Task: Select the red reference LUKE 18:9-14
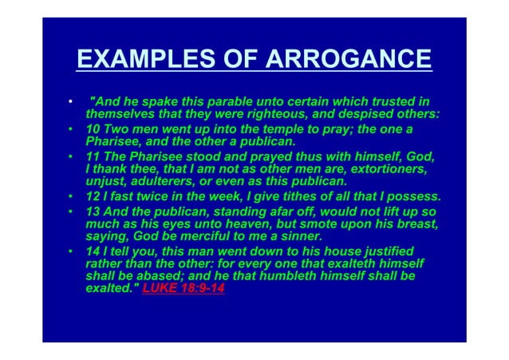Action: pos(183,289)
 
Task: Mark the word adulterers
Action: pos(165,184)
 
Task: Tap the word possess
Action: pos(413,197)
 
